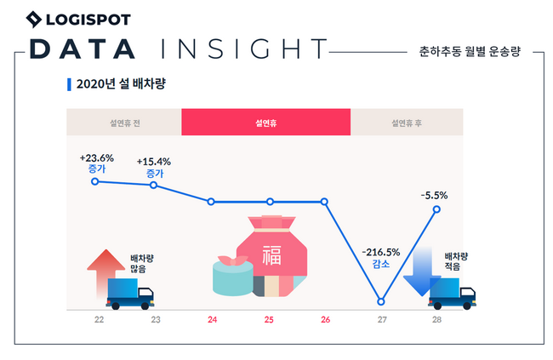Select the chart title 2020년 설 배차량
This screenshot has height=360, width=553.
(x=111, y=84)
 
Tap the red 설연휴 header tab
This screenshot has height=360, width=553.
(x=265, y=123)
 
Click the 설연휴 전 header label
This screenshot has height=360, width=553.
(x=124, y=123)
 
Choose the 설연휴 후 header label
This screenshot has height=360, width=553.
(x=407, y=123)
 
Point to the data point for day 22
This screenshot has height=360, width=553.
(x=95, y=180)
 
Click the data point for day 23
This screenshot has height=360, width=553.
(x=154, y=185)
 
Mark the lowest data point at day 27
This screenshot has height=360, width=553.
(x=380, y=302)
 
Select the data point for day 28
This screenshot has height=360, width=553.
(x=437, y=209)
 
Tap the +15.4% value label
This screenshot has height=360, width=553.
(x=154, y=161)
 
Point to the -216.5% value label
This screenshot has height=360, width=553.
(x=380, y=252)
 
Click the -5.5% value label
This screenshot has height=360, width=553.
(x=434, y=195)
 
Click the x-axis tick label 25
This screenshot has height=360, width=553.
(x=269, y=320)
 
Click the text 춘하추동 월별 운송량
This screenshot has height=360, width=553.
(x=469, y=51)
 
